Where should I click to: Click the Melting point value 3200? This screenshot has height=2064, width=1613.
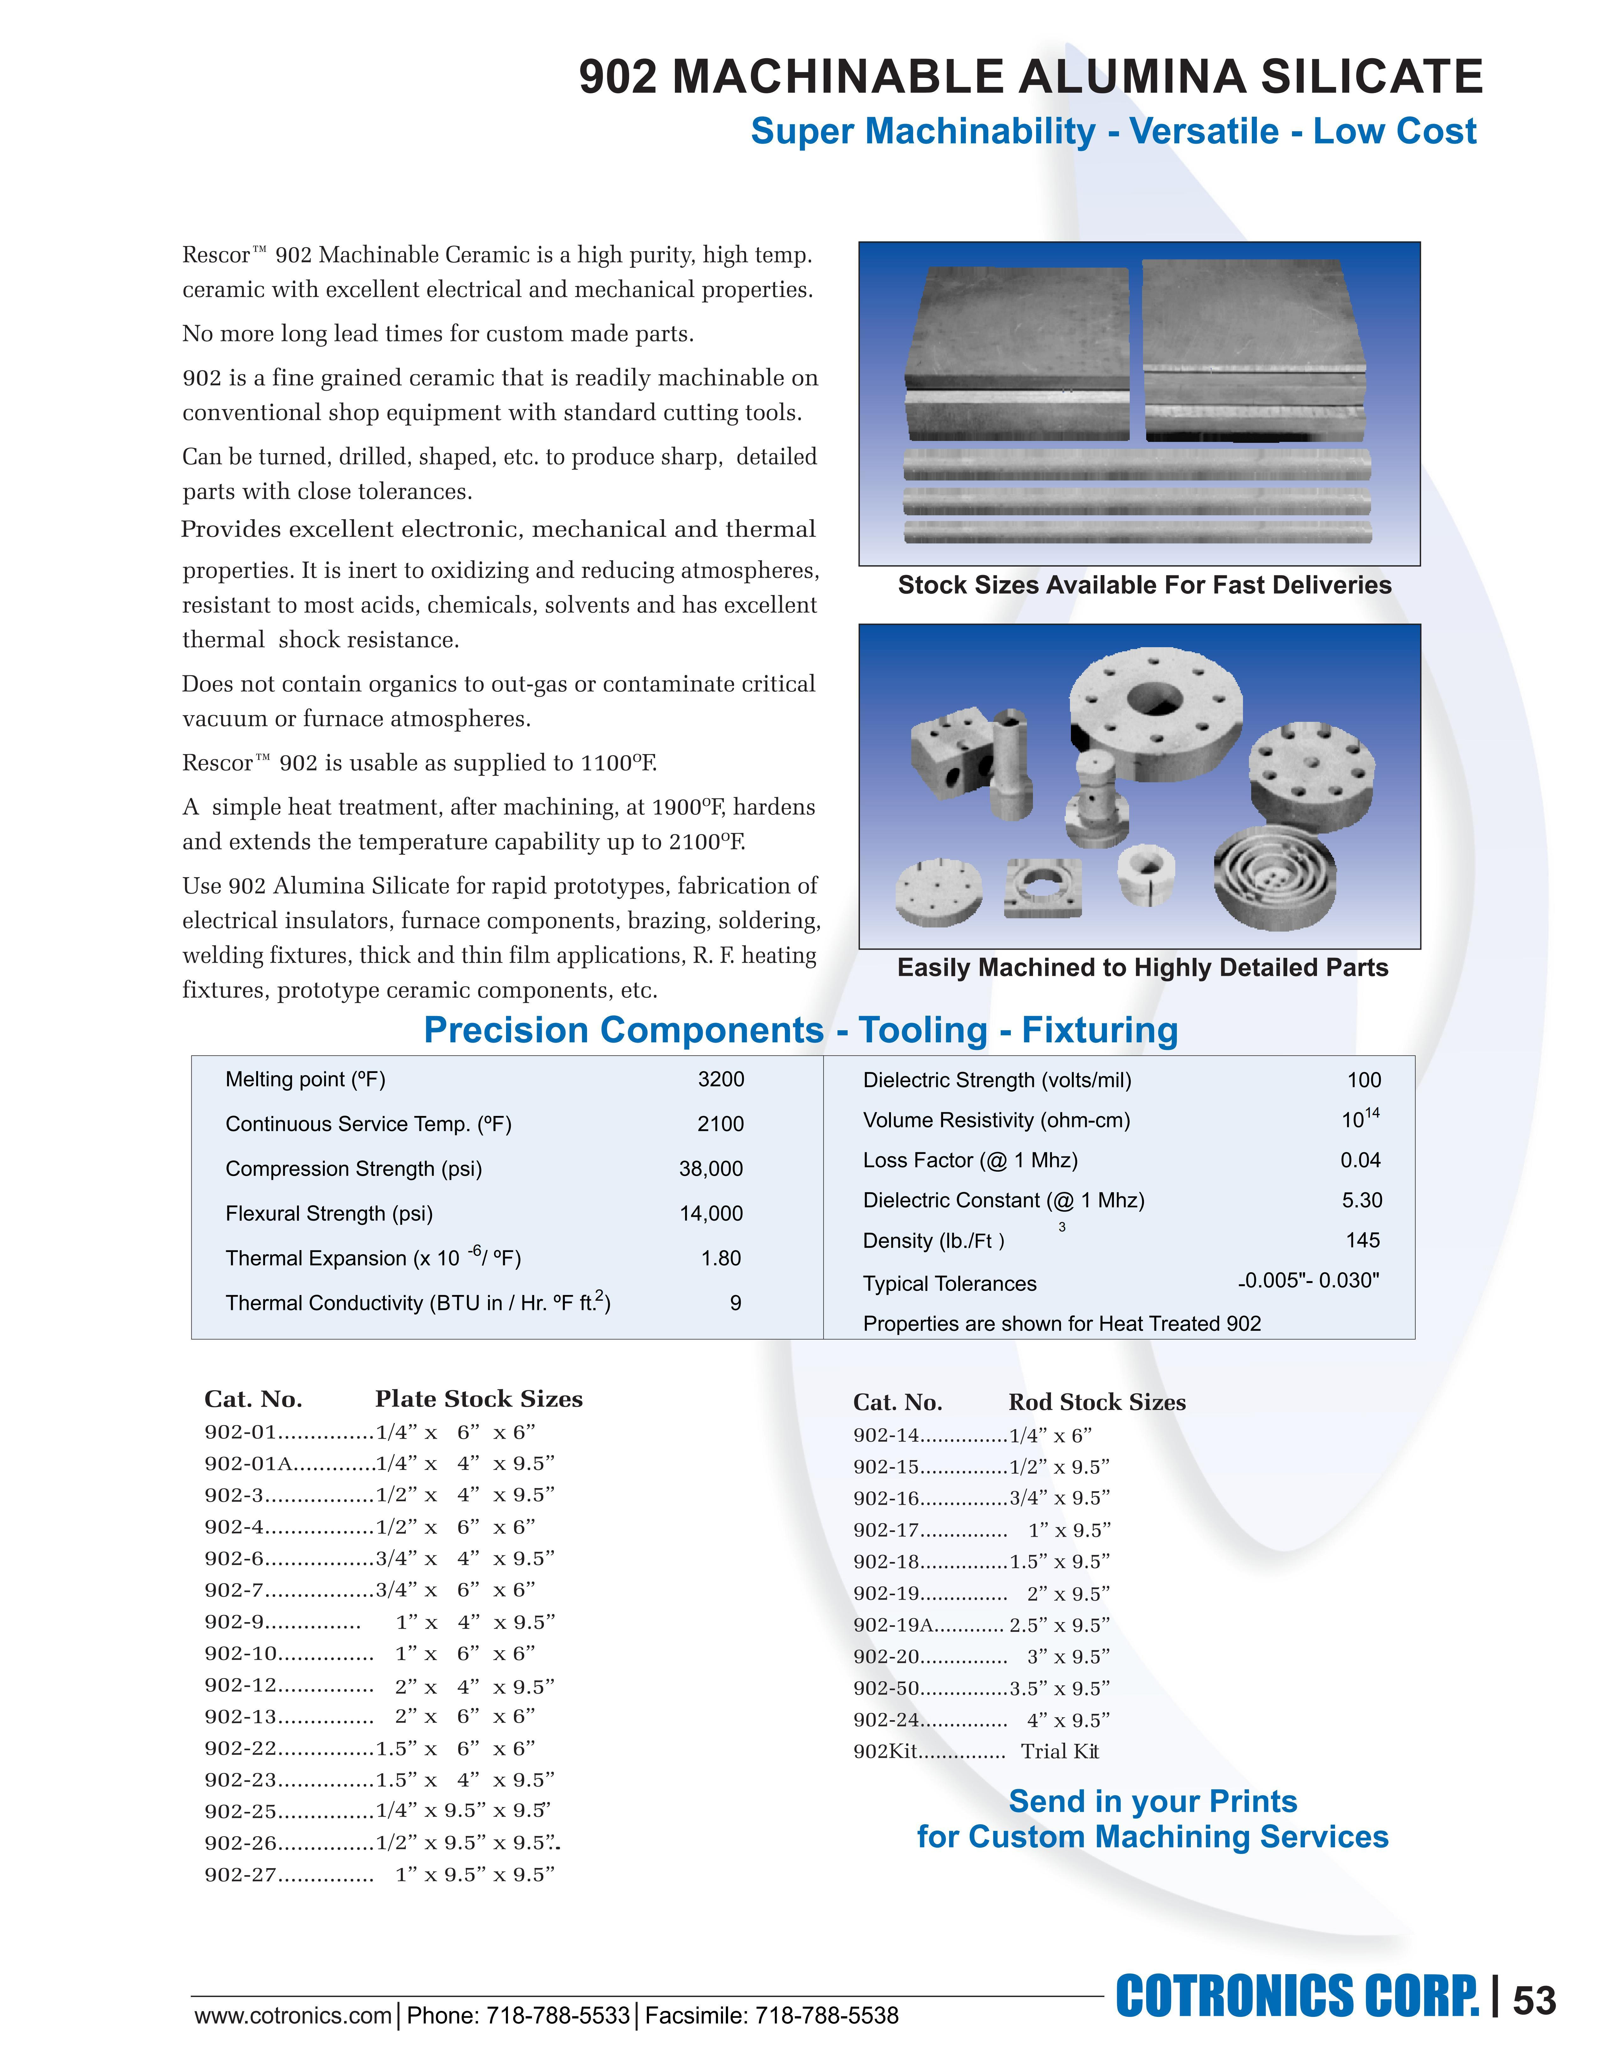tap(721, 1079)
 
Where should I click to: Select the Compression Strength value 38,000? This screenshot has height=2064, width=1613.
tap(711, 1169)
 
